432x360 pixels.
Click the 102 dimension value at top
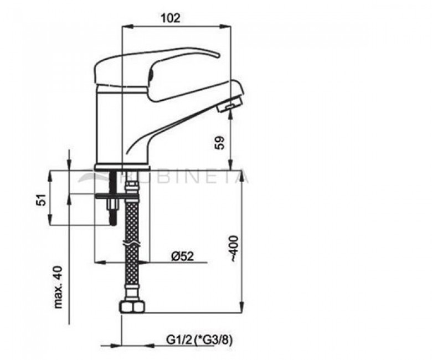tap(171, 18)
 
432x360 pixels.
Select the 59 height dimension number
tap(220, 142)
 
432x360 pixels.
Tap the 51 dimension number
tap(42, 199)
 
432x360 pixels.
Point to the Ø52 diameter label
tap(182, 256)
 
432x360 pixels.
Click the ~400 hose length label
tap(234, 248)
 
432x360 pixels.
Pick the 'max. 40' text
tap(58, 287)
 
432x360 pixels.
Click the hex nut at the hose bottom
tap(132, 307)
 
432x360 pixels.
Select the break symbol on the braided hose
tap(132, 244)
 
